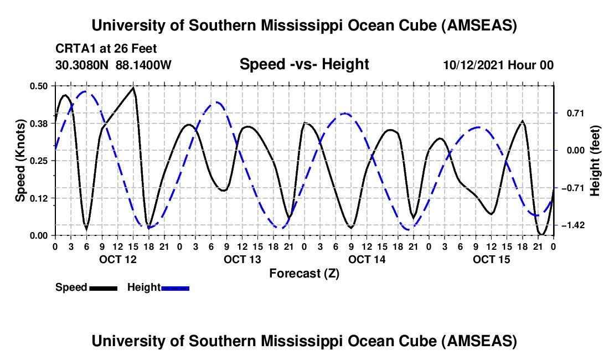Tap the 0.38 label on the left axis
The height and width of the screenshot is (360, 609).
[x=40, y=123]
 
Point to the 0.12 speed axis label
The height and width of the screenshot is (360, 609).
[x=40, y=198]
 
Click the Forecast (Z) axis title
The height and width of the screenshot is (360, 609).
[x=304, y=274]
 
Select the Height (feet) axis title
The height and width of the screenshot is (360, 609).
[x=595, y=161]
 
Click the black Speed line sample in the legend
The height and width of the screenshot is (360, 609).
[x=102, y=287]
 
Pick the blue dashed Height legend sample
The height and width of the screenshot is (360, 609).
[x=175, y=287]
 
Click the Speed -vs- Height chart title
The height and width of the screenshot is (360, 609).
[x=304, y=65]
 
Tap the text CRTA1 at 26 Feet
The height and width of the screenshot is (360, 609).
[x=106, y=49]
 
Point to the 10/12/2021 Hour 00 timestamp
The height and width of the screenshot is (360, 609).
[x=498, y=65]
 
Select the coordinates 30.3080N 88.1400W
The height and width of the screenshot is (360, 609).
[x=113, y=65]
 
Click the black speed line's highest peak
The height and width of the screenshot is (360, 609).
[x=133, y=88]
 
